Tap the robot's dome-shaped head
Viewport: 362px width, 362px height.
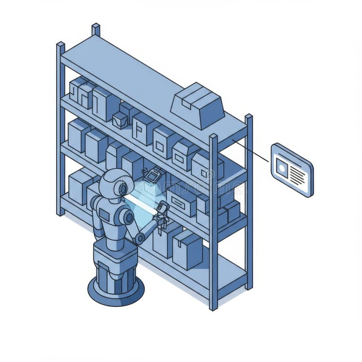tap(112, 181)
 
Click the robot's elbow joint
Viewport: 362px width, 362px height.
tap(140, 239)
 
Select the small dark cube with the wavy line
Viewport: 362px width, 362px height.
tap(120, 120)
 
